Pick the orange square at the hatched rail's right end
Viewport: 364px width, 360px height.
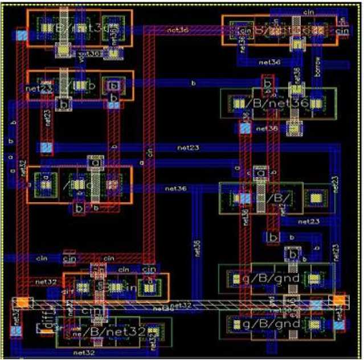click(x=340, y=300)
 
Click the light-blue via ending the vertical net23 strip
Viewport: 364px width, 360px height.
click(x=47, y=148)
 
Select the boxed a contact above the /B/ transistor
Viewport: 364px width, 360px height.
click(x=261, y=173)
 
